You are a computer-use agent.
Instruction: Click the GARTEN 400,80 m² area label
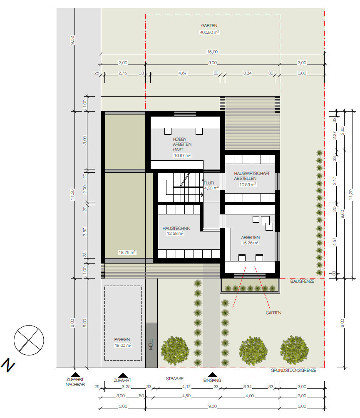point(209,29)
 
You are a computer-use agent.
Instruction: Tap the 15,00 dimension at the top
point(212,52)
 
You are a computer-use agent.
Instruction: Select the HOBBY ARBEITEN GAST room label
point(182,147)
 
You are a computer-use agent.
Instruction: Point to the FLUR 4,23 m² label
point(211,185)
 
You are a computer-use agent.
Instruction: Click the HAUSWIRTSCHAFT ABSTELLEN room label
point(251,179)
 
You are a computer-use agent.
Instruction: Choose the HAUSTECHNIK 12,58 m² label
point(176,231)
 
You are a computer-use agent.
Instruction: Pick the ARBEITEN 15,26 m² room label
point(250,240)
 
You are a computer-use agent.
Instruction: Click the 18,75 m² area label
point(127,252)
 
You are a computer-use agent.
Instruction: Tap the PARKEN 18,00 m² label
point(123,342)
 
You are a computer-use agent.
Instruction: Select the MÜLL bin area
point(151,345)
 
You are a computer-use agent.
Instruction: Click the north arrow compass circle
point(29,340)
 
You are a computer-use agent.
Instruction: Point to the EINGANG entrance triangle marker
point(212,375)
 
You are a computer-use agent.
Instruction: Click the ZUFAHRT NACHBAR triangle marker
point(75,375)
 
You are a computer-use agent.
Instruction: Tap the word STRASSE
point(174,378)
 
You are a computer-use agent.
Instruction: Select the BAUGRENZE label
point(302,281)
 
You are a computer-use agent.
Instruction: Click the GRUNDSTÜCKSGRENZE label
point(293,370)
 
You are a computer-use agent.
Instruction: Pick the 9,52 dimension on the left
point(72,40)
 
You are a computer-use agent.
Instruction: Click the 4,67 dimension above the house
point(183,73)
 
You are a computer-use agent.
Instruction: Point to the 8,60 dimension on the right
point(343,214)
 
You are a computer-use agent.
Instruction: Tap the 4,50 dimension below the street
point(186,396)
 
